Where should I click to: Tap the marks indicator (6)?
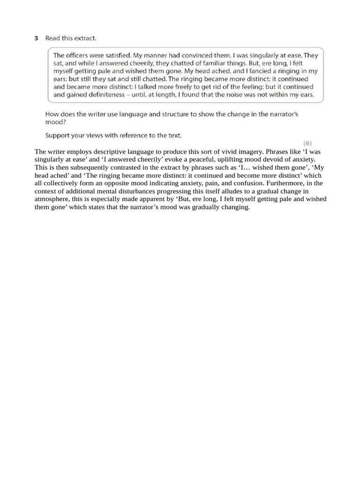[x=307, y=142]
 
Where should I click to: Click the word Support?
[x=58, y=136]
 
